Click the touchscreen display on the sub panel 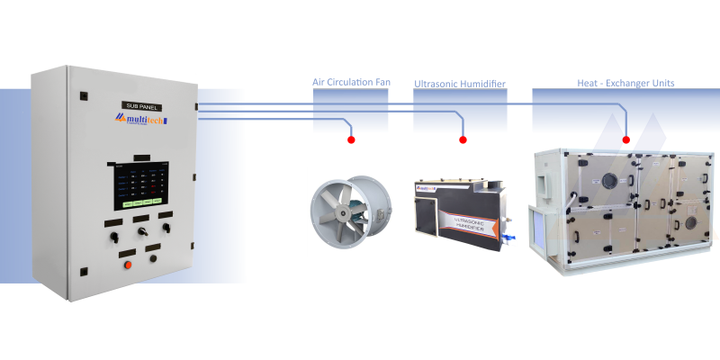(x=139, y=184)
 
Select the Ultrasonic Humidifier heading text (x=459, y=84)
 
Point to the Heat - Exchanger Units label (x=625, y=83)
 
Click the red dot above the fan (x=350, y=140)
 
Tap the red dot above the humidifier (x=463, y=140)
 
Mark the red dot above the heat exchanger (x=626, y=139)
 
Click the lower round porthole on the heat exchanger (x=690, y=220)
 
